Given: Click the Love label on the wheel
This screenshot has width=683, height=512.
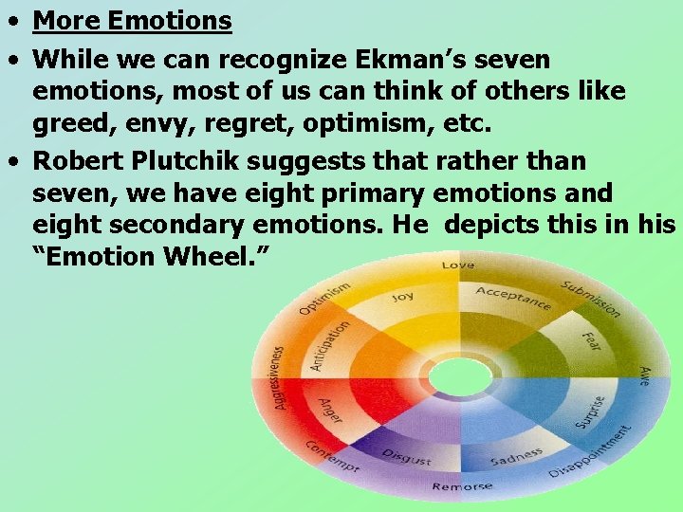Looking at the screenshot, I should point(457,265).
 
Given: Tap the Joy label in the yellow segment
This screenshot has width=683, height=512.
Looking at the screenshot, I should point(403,297).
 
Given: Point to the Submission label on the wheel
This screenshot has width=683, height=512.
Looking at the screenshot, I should point(590,300).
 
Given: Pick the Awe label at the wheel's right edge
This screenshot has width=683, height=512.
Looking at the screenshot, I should point(644,375).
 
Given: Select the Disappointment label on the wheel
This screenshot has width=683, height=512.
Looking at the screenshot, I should point(591,453).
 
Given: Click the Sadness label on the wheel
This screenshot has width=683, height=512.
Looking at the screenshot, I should point(516,458).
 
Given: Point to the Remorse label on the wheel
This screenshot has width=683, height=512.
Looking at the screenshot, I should point(462,486).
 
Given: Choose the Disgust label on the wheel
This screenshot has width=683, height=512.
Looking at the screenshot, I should point(406,456).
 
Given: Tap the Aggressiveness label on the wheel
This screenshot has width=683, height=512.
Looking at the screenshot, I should point(278,376).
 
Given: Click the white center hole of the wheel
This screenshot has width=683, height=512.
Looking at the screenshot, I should point(459,376).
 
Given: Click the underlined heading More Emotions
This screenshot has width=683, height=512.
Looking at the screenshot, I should point(132,21).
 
